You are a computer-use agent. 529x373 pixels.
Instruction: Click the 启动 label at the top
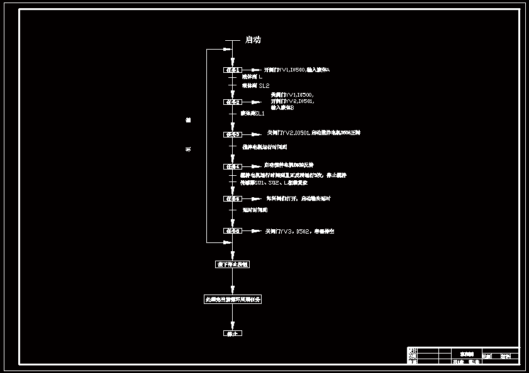(253, 40)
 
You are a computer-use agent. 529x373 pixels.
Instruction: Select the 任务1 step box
(233, 70)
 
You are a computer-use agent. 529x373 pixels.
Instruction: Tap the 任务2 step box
(233, 102)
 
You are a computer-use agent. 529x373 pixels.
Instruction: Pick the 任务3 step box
(233, 134)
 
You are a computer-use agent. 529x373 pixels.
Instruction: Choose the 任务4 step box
(233, 166)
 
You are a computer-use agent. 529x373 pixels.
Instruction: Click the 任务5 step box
(233, 198)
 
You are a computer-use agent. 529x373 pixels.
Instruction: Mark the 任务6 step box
(233, 231)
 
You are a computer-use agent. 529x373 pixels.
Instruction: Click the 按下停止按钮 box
(233, 264)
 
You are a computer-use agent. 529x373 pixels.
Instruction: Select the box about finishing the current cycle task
(233, 300)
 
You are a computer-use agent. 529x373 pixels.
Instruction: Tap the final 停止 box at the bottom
(233, 333)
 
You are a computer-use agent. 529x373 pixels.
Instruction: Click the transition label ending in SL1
(253, 114)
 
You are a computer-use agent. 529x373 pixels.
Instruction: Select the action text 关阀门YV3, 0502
(300, 231)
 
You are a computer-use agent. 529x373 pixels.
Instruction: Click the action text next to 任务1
(296, 70)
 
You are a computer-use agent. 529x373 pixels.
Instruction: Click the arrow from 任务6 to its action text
(252, 231)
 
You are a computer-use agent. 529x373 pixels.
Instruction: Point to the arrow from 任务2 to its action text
(252, 102)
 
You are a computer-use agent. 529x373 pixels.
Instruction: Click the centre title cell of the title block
(466, 354)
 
